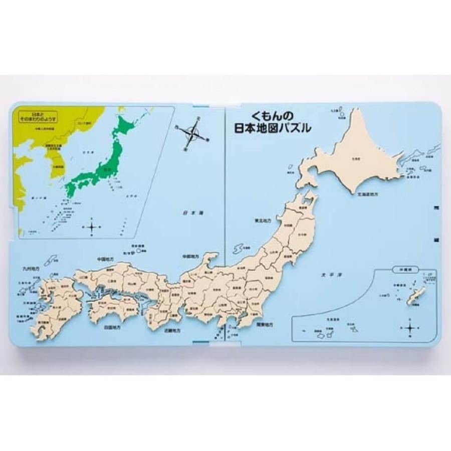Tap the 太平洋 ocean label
[x=329, y=275]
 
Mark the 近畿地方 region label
[x=174, y=331]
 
